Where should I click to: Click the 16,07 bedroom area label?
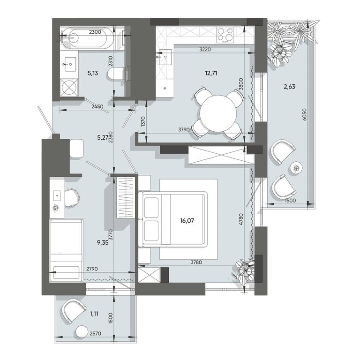[187, 221]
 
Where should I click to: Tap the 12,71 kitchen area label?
[211, 73]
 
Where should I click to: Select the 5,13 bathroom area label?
[93, 73]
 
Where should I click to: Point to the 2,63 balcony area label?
[289, 87]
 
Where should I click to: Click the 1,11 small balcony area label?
[94, 314]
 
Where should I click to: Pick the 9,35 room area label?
[103, 243]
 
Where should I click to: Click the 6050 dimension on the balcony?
[304, 114]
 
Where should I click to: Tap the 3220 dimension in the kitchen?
[205, 49]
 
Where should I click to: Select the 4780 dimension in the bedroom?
[240, 219]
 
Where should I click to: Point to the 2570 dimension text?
[95, 333]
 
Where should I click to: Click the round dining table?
[218, 113]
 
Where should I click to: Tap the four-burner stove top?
[225, 35]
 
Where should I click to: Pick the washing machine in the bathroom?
[69, 87]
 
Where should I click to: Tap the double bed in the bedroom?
[173, 219]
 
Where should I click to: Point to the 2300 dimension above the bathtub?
[95, 32]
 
